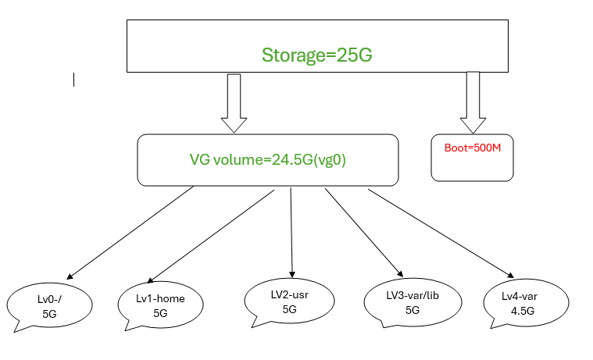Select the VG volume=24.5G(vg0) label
pyautogui.click(x=268, y=159)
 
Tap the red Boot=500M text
pyautogui.click(x=472, y=147)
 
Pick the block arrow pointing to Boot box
pyautogui.click(x=473, y=102)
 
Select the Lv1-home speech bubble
pyautogui.click(x=160, y=305)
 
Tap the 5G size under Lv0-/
pyautogui.click(x=49, y=314)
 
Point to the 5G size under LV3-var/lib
pyautogui.click(x=413, y=310)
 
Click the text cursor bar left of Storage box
pyautogui.click(x=73, y=79)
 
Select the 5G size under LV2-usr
pyautogui.click(x=289, y=308)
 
